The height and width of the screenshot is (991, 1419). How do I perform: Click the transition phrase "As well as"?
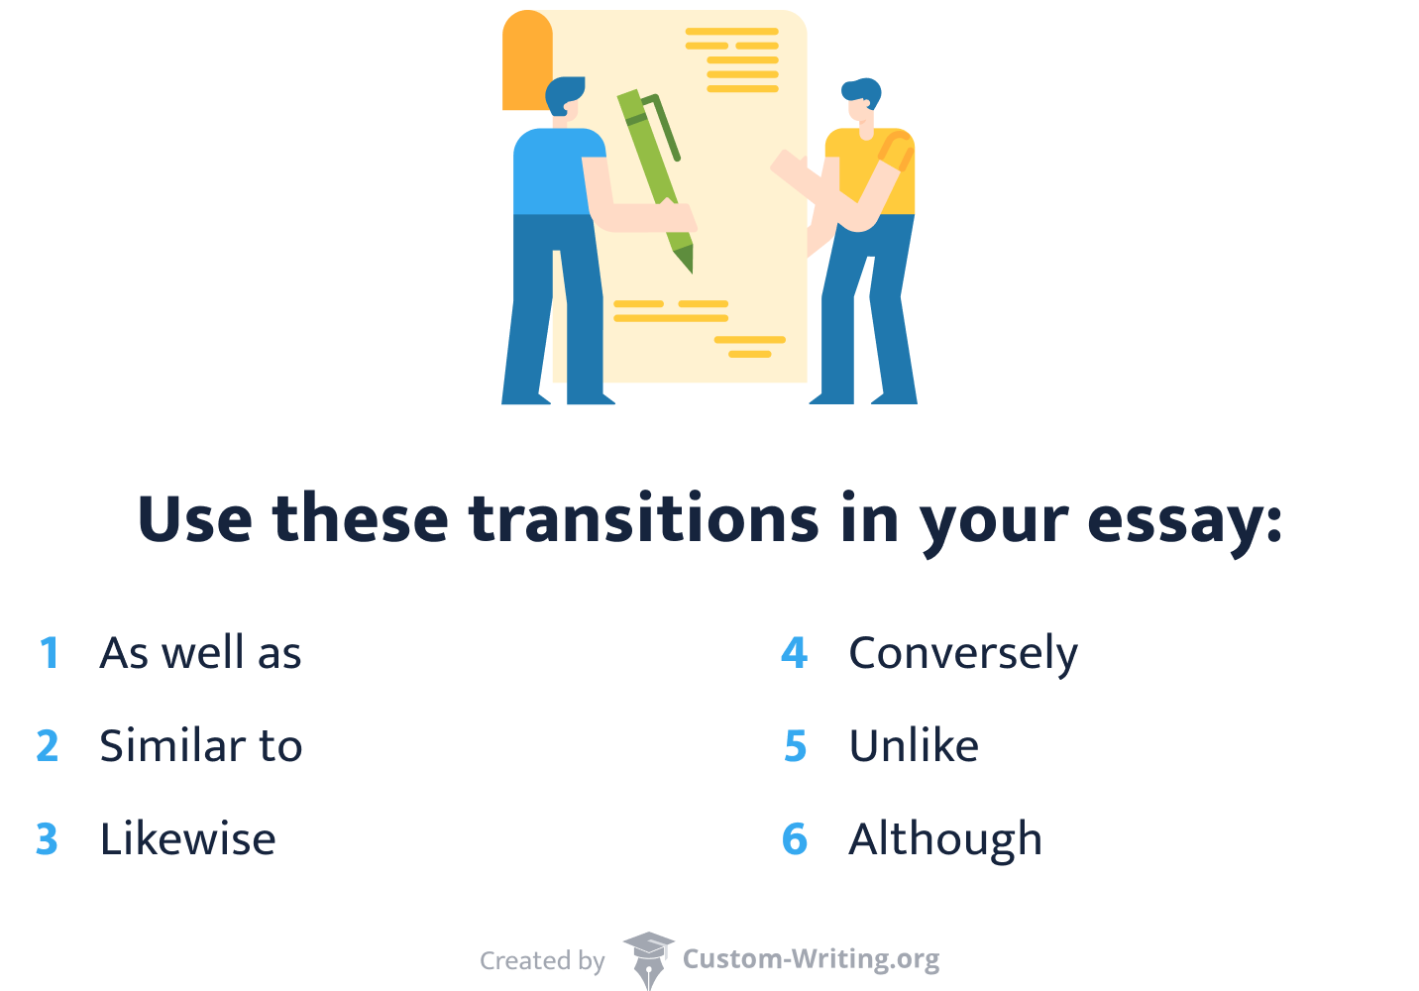200,653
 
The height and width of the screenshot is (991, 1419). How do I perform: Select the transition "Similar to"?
200,746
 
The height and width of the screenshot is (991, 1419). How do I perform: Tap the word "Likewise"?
187,839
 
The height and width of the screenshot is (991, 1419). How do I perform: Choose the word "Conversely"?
962,654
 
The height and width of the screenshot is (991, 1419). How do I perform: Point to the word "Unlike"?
913,746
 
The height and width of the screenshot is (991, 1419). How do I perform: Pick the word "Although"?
944,840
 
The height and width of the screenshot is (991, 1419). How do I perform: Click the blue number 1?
50,654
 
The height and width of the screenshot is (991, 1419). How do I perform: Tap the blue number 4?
795,654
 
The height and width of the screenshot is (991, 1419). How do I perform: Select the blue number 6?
795,840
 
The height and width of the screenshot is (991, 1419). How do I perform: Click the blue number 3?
47,840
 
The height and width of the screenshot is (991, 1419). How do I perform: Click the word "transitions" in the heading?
644,519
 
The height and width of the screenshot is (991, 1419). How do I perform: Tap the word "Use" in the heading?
194,519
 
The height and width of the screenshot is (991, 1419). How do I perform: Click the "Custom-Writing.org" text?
811,959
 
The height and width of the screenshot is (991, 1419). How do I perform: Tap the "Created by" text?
542,961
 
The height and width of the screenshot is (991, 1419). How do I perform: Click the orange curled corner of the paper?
526,59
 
